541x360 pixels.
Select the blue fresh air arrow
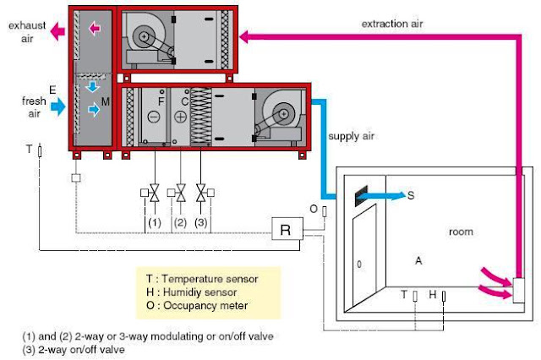pyautogui.click(x=58, y=106)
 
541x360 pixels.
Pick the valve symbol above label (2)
pyautogui.click(x=180, y=194)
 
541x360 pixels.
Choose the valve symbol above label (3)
pyautogui.click(x=201, y=194)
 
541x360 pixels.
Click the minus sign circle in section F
pyautogui.click(x=155, y=117)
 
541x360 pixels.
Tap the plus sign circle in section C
pyautogui.click(x=181, y=117)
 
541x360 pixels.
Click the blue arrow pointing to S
pyautogui.click(x=385, y=195)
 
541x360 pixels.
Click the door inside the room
pyautogui.click(x=360, y=265)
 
